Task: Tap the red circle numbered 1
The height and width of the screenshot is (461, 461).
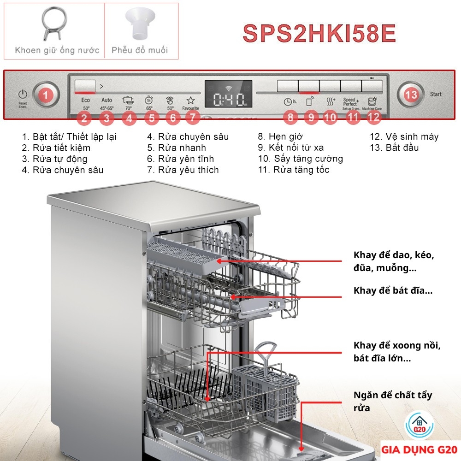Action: (45, 95)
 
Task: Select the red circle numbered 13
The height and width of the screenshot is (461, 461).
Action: (411, 95)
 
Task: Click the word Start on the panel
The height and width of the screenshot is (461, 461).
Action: (436, 94)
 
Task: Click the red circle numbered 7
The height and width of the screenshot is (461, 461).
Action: (192, 118)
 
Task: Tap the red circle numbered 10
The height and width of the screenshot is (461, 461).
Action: (330, 118)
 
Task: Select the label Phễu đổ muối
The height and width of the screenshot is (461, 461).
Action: (140, 50)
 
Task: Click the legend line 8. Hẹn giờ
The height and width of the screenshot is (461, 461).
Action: (280, 136)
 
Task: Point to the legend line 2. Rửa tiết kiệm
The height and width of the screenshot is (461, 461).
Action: (56, 148)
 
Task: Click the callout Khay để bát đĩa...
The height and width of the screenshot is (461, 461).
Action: (393, 290)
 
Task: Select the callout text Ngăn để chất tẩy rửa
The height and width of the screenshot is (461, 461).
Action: (393, 401)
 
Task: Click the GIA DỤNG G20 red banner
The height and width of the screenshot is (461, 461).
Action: (419, 449)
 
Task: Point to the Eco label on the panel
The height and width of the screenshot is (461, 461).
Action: (86, 100)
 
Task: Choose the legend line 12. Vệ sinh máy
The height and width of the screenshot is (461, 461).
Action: (404, 136)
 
